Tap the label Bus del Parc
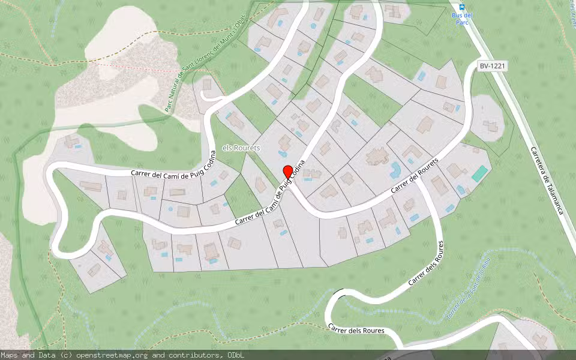point(461,18)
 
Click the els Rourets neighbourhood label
point(242,148)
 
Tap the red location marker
point(288,172)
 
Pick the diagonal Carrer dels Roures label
point(426,263)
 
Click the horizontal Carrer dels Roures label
point(356,329)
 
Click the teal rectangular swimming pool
point(479,174)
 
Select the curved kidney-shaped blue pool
point(395,170)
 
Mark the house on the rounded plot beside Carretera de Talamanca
point(490,126)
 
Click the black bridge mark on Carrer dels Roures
point(340,292)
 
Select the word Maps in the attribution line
point(10,355)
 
